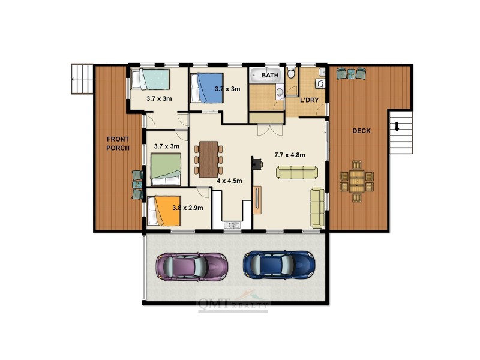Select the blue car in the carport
click(x=279, y=264)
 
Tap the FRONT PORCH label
click(x=118, y=143)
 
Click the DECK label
click(x=361, y=131)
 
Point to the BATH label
click(x=269, y=76)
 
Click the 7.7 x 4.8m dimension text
click(x=290, y=155)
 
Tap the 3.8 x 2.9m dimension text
click(x=188, y=208)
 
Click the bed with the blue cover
click(x=206, y=88)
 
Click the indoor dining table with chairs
click(x=208, y=158)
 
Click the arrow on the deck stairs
click(x=397, y=127)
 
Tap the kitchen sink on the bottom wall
click(x=232, y=226)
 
